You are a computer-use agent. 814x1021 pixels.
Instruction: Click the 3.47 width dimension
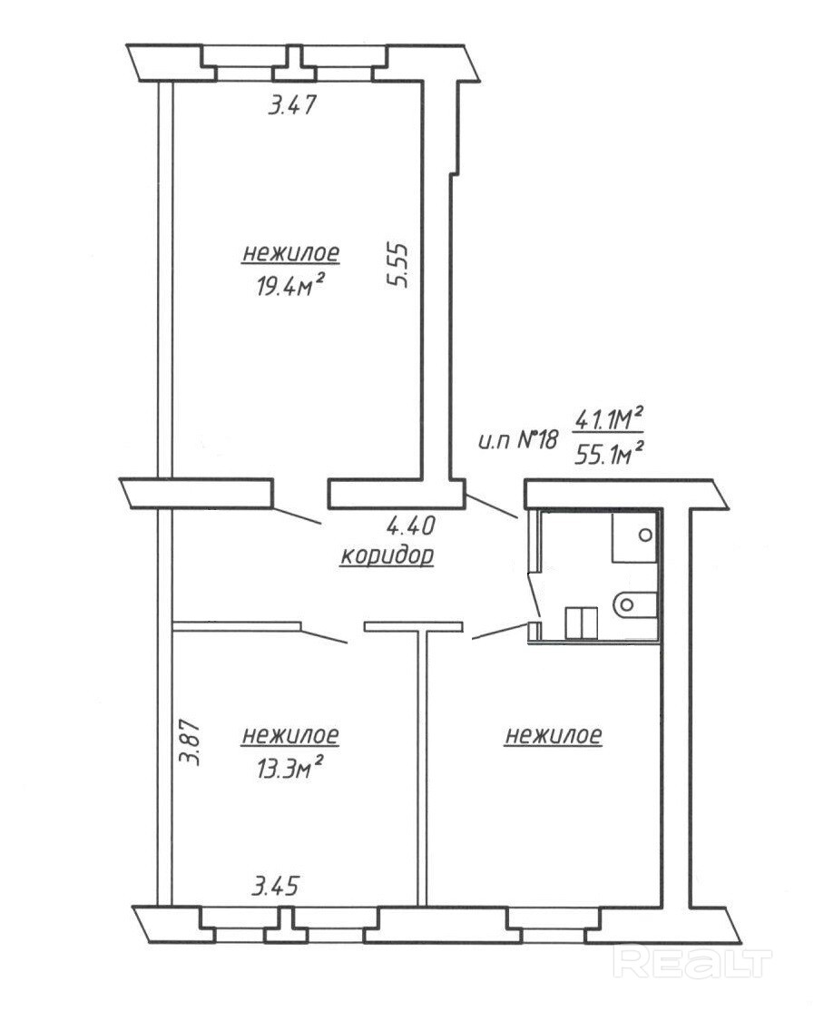[x=291, y=105]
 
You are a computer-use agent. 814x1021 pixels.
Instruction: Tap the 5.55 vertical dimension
[x=397, y=265]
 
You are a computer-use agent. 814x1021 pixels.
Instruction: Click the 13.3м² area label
[x=290, y=769]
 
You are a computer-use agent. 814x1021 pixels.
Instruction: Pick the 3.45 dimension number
[x=275, y=886]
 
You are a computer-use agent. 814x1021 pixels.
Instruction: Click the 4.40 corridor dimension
[x=410, y=525]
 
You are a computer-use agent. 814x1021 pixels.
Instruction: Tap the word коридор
[x=387, y=556]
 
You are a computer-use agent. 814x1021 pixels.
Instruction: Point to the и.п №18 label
[x=518, y=441]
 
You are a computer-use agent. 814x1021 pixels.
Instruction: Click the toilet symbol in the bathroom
[x=634, y=604]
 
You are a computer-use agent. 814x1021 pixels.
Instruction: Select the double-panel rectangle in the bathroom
[x=581, y=623]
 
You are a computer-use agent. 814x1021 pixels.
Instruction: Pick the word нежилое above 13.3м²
[x=290, y=736]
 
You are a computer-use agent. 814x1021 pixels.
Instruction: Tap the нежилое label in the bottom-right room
[x=553, y=736]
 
